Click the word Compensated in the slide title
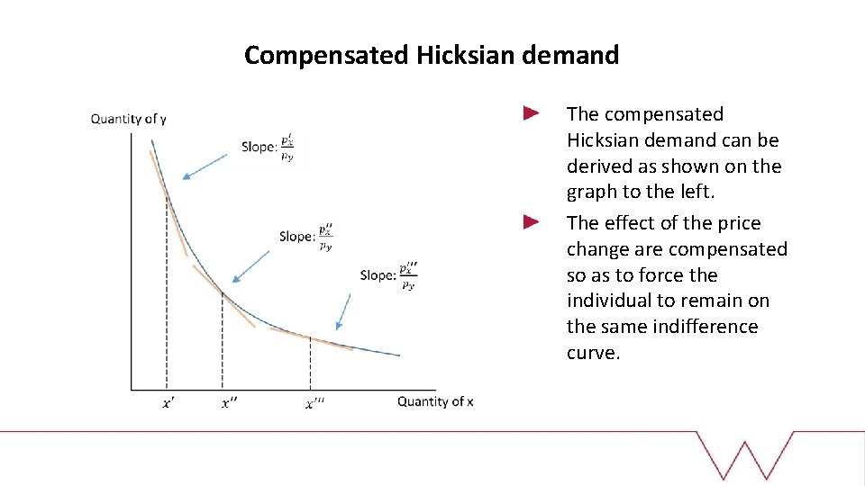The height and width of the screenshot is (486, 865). [x=327, y=56]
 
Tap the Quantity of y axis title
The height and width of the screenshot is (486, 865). [x=129, y=119]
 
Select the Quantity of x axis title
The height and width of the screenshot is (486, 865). [x=435, y=401]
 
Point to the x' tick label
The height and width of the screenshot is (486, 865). [x=168, y=403]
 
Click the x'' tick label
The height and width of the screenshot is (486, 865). [x=230, y=403]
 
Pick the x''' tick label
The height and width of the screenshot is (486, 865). [x=314, y=403]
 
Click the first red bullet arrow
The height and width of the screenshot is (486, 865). [x=531, y=113]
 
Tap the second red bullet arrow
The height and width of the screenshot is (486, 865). [x=531, y=221]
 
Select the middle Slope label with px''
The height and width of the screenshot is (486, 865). [x=306, y=236]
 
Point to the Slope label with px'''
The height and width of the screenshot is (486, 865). [x=388, y=275]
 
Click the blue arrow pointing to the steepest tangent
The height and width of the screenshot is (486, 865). [x=205, y=165]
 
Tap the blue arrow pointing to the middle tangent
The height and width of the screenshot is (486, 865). [x=251, y=266]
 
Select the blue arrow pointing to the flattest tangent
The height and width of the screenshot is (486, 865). [x=343, y=310]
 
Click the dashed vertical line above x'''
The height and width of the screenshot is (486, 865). [x=310, y=364]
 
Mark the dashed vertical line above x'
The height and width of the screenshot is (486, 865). [x=167, y=297]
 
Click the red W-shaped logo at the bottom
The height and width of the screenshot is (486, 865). [x=745, y=454]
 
